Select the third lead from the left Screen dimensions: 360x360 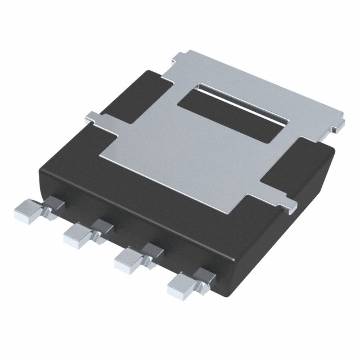128,259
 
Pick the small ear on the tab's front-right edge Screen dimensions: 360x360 289,205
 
